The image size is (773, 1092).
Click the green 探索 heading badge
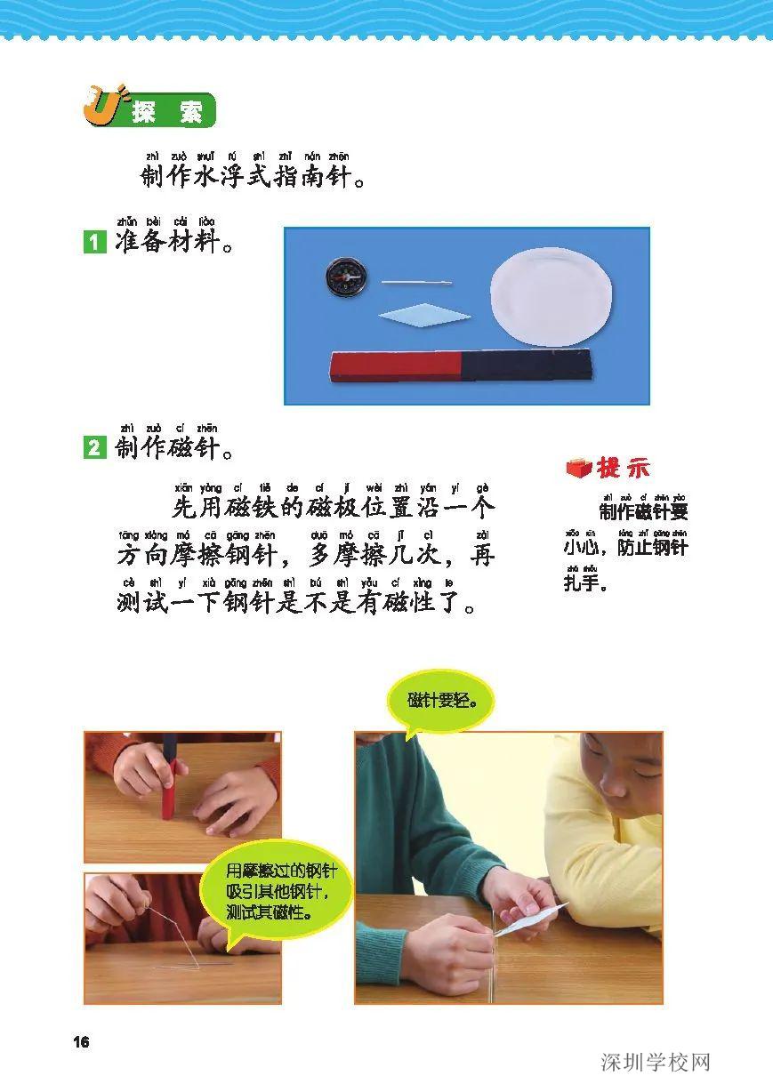click(x=165, y=112)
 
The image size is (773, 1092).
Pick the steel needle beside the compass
click(x=416, y=283)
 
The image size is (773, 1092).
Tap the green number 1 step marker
click(x=94, y=241)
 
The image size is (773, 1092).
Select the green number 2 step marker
click(x=94, y=448)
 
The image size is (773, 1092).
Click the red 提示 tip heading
click(x=623, y=468)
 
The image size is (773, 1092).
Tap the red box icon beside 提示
click(x=579, y=468)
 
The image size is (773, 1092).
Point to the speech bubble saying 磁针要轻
click(x=442, y=700)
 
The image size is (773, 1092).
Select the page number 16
click(x=82, y=1042)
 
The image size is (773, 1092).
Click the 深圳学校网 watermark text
click(x=656, y=1063)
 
